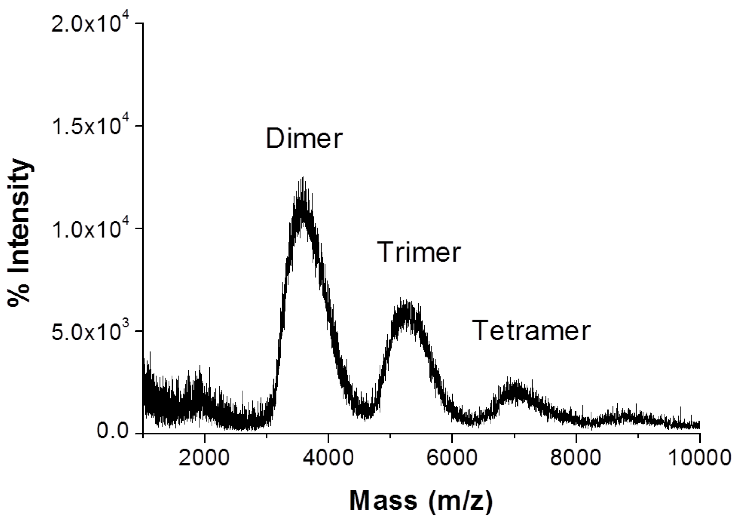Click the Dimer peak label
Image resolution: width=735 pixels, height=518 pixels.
pyautogui.click(x=304, y=139)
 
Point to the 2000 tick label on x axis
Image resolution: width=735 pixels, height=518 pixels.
pyautogui.click(x=204, y=459)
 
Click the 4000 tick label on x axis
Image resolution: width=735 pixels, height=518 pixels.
pyautogui.click(x=328, y=459)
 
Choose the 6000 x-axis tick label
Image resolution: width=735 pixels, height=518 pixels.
pyautogui.click(x=452, y=459)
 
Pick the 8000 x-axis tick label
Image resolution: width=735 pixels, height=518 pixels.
pyautogui.click(x=576, y=459)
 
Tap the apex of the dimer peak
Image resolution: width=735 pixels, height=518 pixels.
pyautogui.click(x=302, y=180)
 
